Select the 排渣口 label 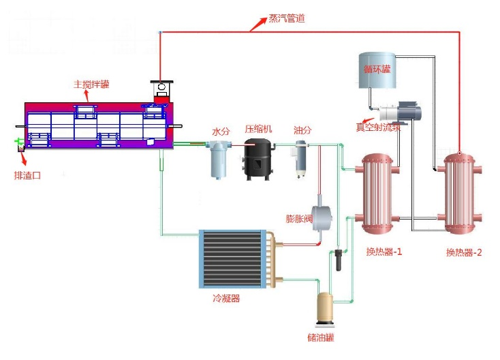tap(28, 175)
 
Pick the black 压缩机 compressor tap(259, 159)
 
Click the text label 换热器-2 tap(464, 252)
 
